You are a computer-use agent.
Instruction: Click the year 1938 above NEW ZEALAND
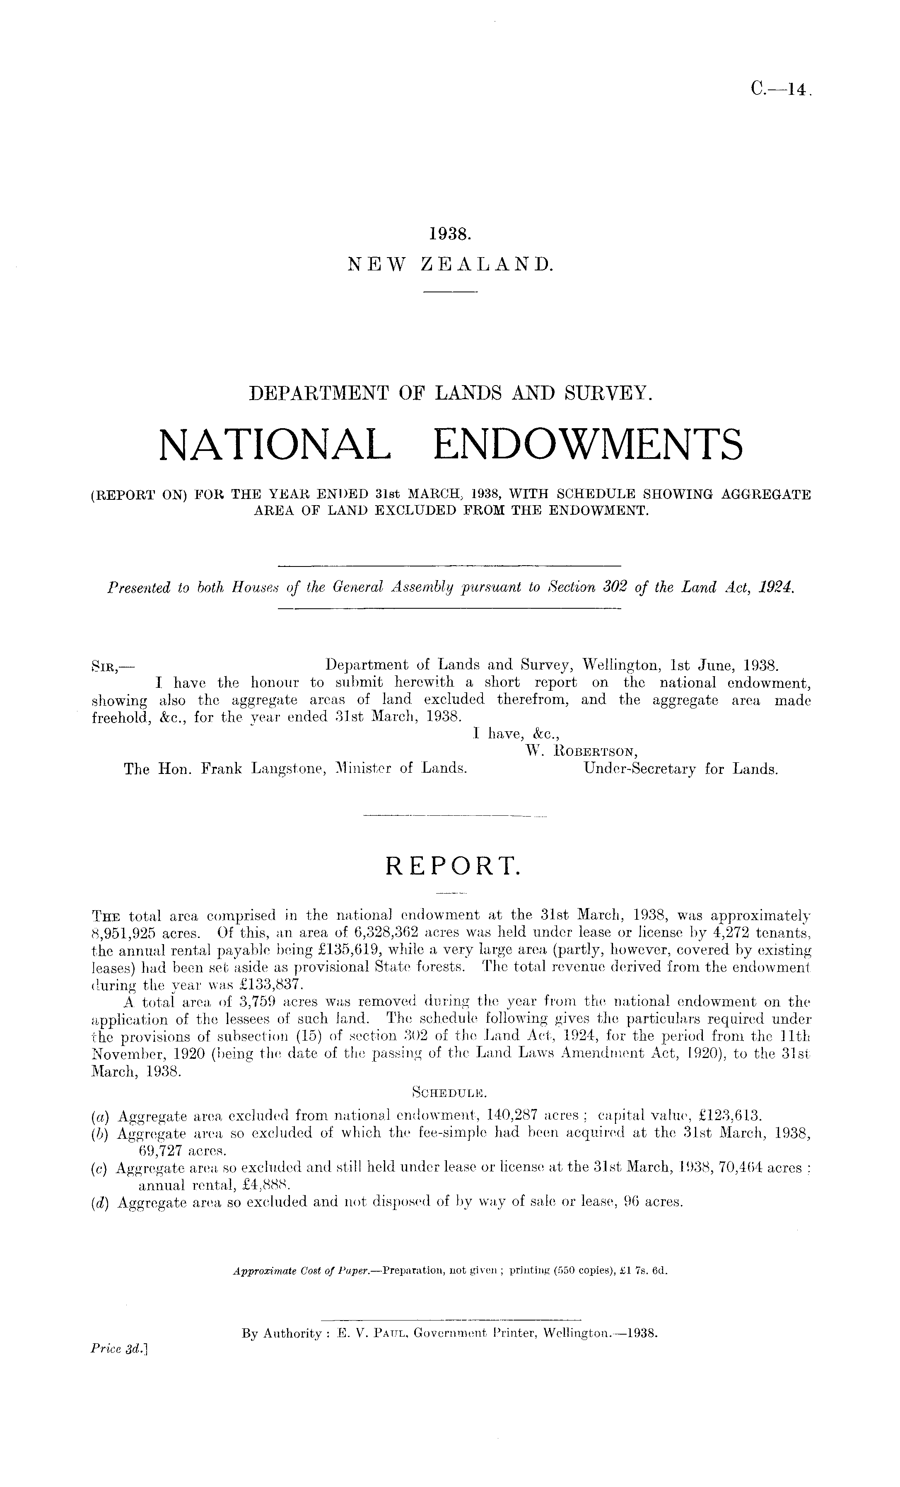[450, 233]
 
